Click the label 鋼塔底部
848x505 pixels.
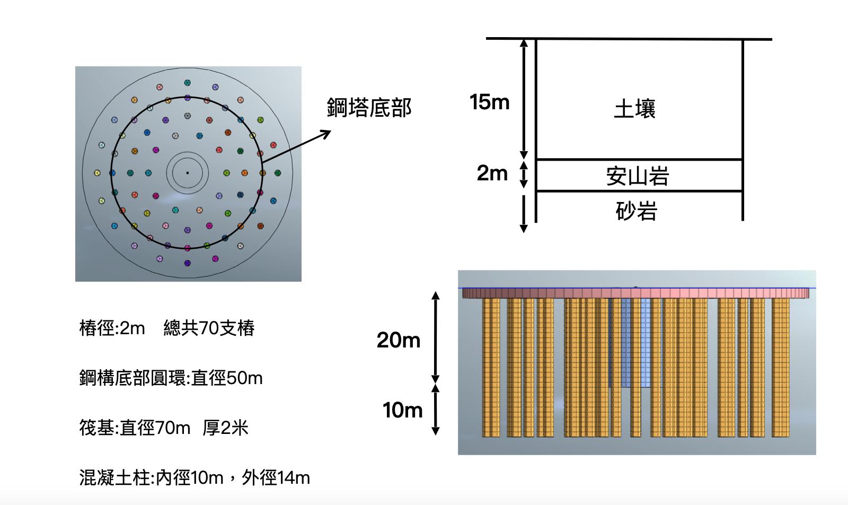(369, 108)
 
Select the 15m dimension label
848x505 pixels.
(489, 102)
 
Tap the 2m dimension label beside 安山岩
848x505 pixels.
(492, 173)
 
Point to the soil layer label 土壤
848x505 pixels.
(635, 109)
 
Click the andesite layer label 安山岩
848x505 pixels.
(638, 176)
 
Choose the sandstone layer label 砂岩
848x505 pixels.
(637, 211)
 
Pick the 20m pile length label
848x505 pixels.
(399, 339)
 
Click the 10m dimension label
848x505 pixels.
(402, 410)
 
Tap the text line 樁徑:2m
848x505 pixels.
(112, 328)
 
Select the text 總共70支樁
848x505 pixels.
(209, 328)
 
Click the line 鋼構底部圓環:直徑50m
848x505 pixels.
(171, 378)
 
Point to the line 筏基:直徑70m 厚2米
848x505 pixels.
(164, 428)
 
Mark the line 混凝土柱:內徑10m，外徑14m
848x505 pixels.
(195, 478)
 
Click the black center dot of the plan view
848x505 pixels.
(187, 173)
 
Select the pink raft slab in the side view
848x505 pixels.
(635, 293)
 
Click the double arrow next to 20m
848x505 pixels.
(436, 337)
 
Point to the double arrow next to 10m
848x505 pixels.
(436, 410)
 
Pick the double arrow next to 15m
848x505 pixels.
(524, 99)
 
